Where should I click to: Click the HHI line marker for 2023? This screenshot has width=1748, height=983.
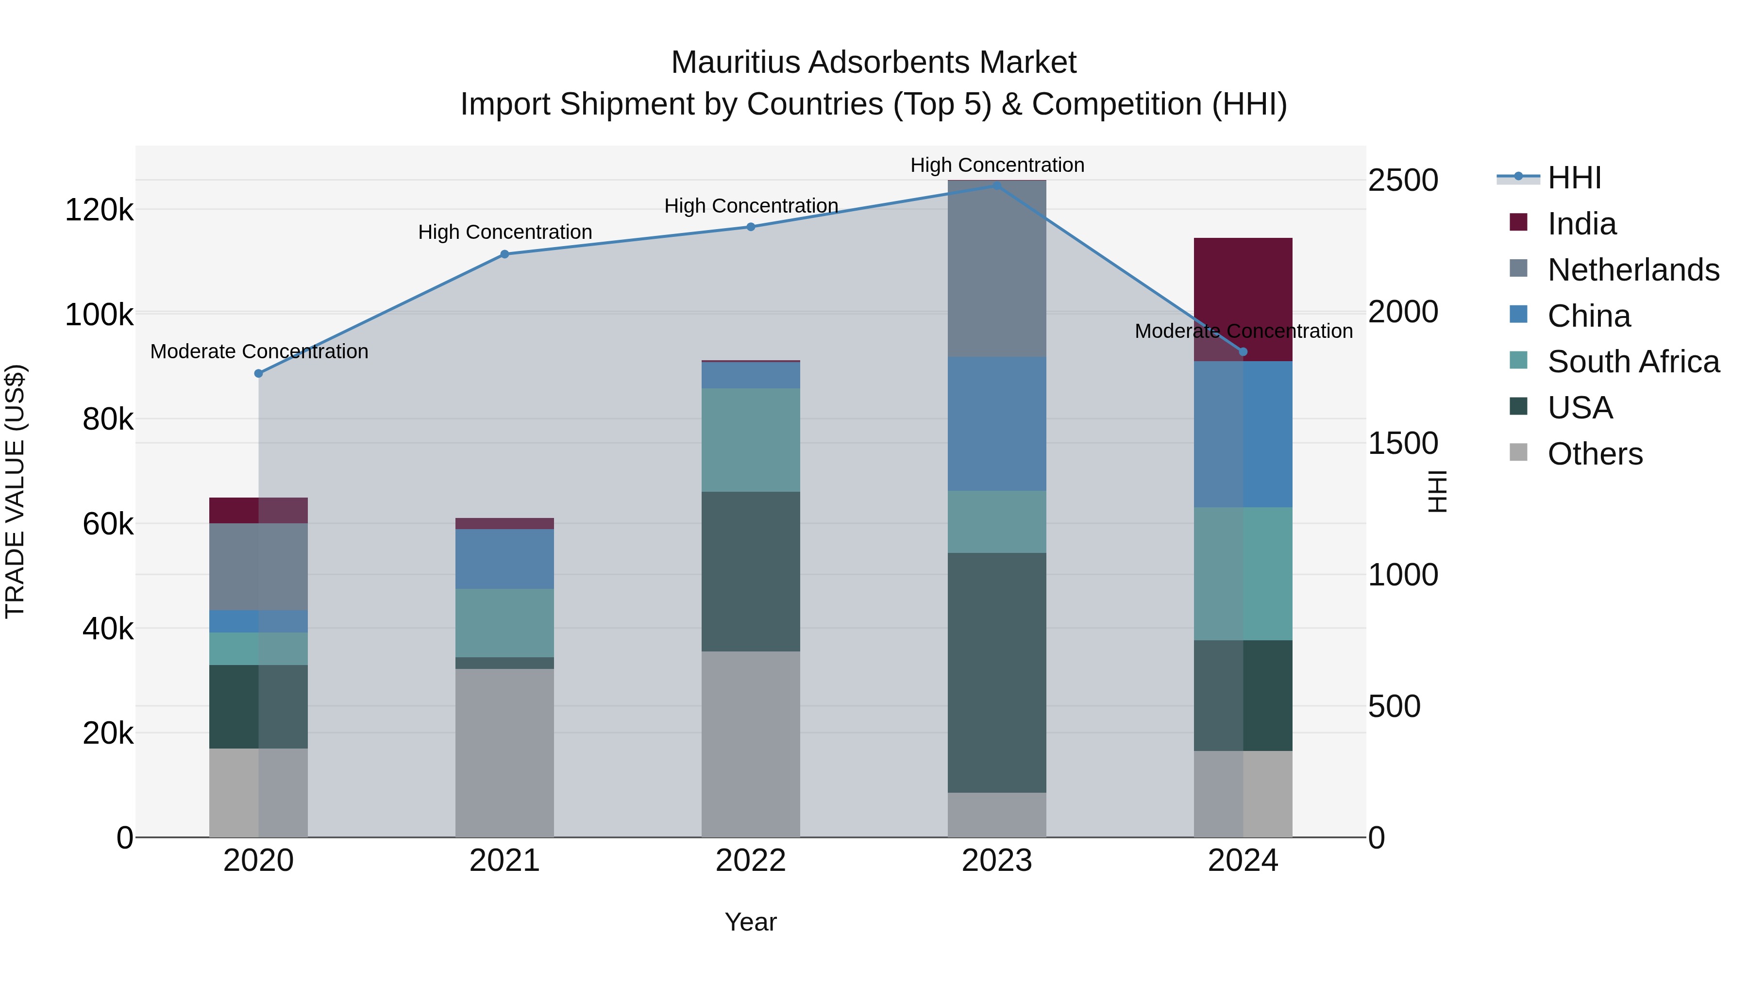997,185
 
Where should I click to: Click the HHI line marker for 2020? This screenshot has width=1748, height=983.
258,373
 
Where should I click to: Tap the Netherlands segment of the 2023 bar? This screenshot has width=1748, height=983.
997,268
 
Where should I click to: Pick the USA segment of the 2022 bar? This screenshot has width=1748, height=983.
751,571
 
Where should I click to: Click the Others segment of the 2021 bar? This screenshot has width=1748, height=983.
504,752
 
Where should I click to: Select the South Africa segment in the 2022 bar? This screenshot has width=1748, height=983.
751,440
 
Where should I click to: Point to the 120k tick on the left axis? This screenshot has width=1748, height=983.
99,210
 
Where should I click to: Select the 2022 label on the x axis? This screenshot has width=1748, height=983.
751,861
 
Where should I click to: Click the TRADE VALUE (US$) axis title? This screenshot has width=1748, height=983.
16,491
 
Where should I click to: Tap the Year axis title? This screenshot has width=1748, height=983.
751,922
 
